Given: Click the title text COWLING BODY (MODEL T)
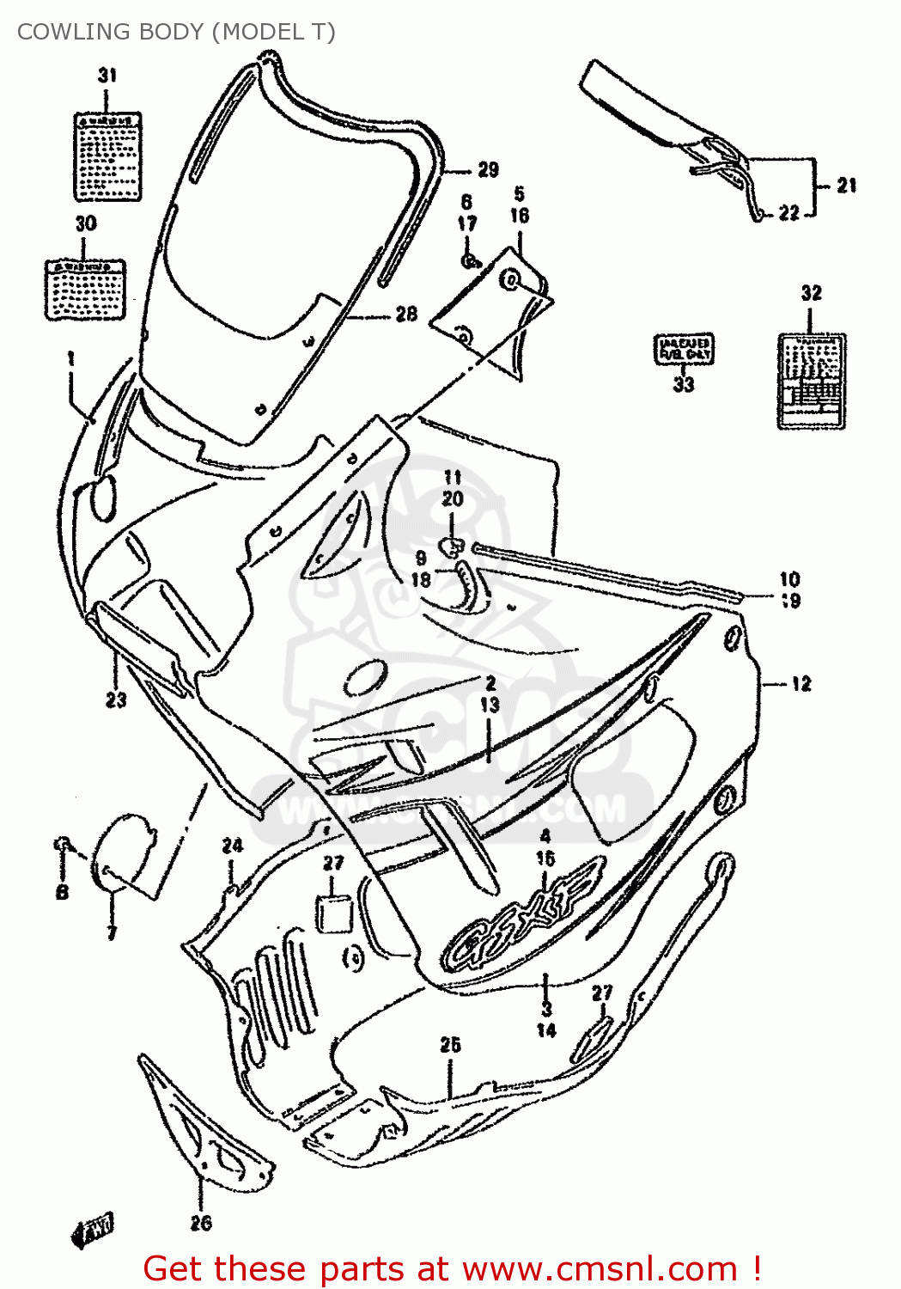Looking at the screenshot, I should pyautogui.click(x=176, y=32).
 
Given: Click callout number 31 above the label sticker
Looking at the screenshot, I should pyautogui.click(x=107, y=76).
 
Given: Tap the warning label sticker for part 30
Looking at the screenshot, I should pyautogui.click(x=85, y=290).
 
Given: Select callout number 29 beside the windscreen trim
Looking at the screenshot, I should pyautogui.click(x=488, y=170).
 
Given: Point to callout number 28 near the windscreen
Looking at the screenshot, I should pyautogui.click(x=406, y=315).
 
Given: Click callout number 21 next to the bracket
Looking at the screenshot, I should pyautogui.click(x=846, y=185).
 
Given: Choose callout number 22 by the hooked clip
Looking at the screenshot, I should pyautogui.click(x=788, y=213).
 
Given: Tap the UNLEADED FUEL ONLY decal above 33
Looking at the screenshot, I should pyautogui.click(x=685, y=349).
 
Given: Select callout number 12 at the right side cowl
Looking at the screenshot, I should pyautogui.click(x=801, y=684).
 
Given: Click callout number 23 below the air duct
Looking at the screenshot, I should pyautogui.click(x=116, y=699).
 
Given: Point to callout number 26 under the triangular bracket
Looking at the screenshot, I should pyautogui.click(x=201, y=1222).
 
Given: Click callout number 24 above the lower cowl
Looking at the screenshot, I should pyautogui.click(x=233, y=846).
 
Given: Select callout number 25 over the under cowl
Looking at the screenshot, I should pyautogui.click(x=450, y=1045).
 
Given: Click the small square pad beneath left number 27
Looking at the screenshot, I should pyautogui.click(x=334, y=913).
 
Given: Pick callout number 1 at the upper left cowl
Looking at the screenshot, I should pyautogui.click(x=71, y=358).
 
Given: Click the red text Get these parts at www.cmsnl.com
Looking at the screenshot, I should pyautogui.click(x=452, y=1268).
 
